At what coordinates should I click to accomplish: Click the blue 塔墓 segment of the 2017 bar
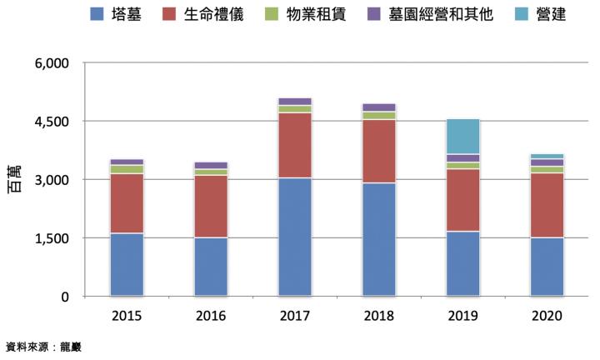coord(295,237)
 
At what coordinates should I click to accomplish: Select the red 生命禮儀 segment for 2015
coord(127,203)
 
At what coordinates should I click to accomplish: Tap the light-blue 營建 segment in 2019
coord(462,137)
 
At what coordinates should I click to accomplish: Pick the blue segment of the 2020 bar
coord(547,267)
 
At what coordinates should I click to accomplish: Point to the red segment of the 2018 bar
coord(378,151)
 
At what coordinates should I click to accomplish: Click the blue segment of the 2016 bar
coord(211,267)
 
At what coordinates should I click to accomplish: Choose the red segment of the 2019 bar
coord(462,200)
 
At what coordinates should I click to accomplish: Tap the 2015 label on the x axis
coord(127,316)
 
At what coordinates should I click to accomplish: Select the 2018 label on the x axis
coord(378,316)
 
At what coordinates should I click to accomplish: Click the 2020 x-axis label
coord(547,316)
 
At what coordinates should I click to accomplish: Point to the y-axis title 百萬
coord(15,180)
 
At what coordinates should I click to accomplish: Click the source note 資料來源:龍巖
coord(43,347)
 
